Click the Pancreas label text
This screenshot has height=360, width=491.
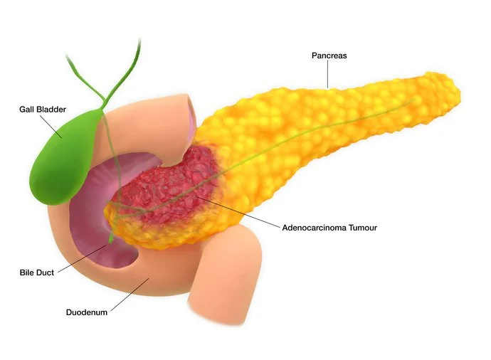[329, 55]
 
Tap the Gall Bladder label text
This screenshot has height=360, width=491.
[43, 110]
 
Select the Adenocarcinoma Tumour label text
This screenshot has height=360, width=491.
[328, 228]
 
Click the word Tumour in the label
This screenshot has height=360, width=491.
[361, 228]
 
